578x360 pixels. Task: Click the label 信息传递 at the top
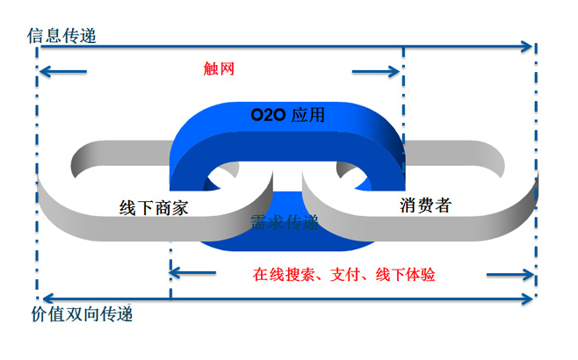pyautogui.click(x=61, y=36)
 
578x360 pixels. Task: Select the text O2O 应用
pyautogui.click(x=287, y=114)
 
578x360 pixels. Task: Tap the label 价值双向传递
pyautogui.click(x=87, y=313)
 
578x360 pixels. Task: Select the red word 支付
pyautogui.click(x=345, y=273)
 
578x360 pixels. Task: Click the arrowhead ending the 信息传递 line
pyautogui.click(x=528, y=46)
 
